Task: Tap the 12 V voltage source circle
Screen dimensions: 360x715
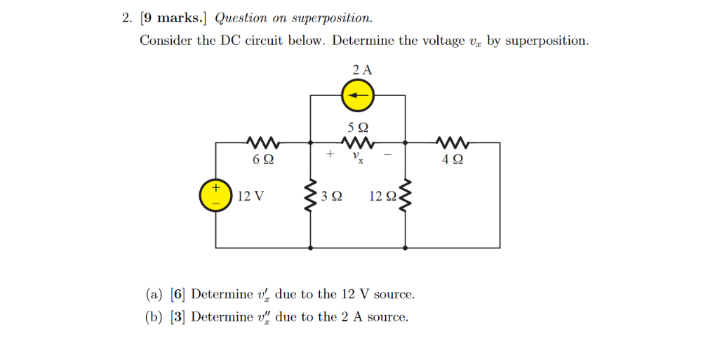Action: coord(216,195)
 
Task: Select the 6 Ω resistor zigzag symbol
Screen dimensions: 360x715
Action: coord(263,143)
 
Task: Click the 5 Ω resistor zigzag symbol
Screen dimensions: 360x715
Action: coord(358,143)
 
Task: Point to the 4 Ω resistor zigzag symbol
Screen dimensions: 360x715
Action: coord(453,143)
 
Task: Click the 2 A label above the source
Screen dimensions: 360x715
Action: coord(362,69)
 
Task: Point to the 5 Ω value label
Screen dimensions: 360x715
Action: coord(358,128)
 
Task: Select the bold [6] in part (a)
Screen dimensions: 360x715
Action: coord(178,293)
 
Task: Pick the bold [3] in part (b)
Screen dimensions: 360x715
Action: coord(178,316)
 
